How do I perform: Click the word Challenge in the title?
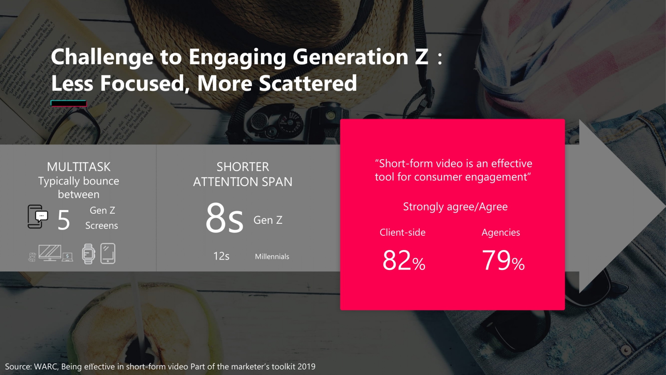pyautogui.click(x=102, y=57)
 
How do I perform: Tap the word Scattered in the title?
pyautogui.click(x=308, y=83)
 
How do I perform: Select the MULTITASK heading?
pyautogui.click(x=79, y=167)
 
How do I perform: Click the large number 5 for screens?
pyautogui.click(x=64, y=220)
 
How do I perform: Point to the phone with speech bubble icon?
pyautogui.click(x=37, y=217)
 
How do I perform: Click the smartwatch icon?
pyautogui.click(x=88, y=254)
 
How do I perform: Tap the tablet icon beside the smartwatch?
pyautogui.click(x=108, y=253)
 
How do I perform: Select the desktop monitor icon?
pyautogui.click(x=50, y=253)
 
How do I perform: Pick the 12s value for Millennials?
pyautogui.click(x=221, y=256)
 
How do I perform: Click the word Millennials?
pyautogui.click(x=272, y=257)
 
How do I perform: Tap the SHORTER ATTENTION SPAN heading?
pyautogui.click(x=243, y=174)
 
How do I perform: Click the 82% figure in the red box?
pyautogui.click(x=403, y=261)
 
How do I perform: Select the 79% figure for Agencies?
pyautogui.click(x=503, y=261)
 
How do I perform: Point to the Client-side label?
pyautogui.click(x=402, y=232)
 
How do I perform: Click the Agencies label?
pyautogui.click(x=500, y=232)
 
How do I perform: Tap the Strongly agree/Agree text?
pyautogui.click(x=455, y=207)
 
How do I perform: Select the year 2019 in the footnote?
pyautogui.click(x=306, y=367)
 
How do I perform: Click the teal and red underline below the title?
pyautogui.click(x=69, y=103)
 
